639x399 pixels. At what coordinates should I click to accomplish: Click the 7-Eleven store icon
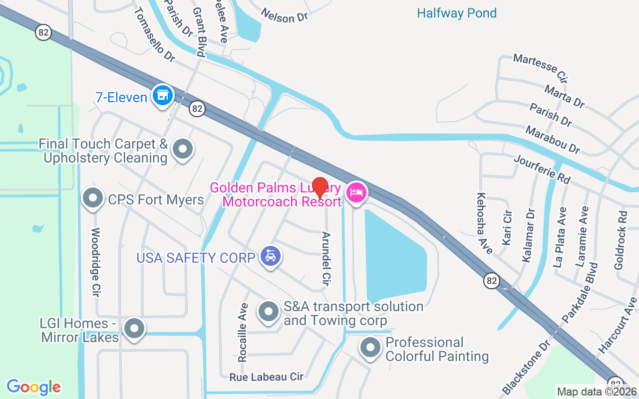[162, 95]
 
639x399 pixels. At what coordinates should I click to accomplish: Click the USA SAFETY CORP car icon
[271, 256]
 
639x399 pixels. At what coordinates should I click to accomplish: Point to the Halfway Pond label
[457, 13]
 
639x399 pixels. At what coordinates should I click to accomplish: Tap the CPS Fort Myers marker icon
[92, 199]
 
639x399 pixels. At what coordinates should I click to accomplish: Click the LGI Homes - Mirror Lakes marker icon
[134, 329]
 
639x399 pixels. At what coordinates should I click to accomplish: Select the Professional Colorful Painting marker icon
[370, 348]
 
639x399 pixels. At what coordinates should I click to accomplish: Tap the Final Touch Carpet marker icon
[182, 149]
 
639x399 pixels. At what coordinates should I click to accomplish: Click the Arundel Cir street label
[326, 259]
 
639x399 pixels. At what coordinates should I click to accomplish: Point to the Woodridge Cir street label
[96, 262]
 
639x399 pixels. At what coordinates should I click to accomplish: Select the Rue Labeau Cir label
[266, 377]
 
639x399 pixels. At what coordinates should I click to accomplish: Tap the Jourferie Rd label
[541, 170]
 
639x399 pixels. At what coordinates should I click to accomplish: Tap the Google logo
[33, 387]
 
